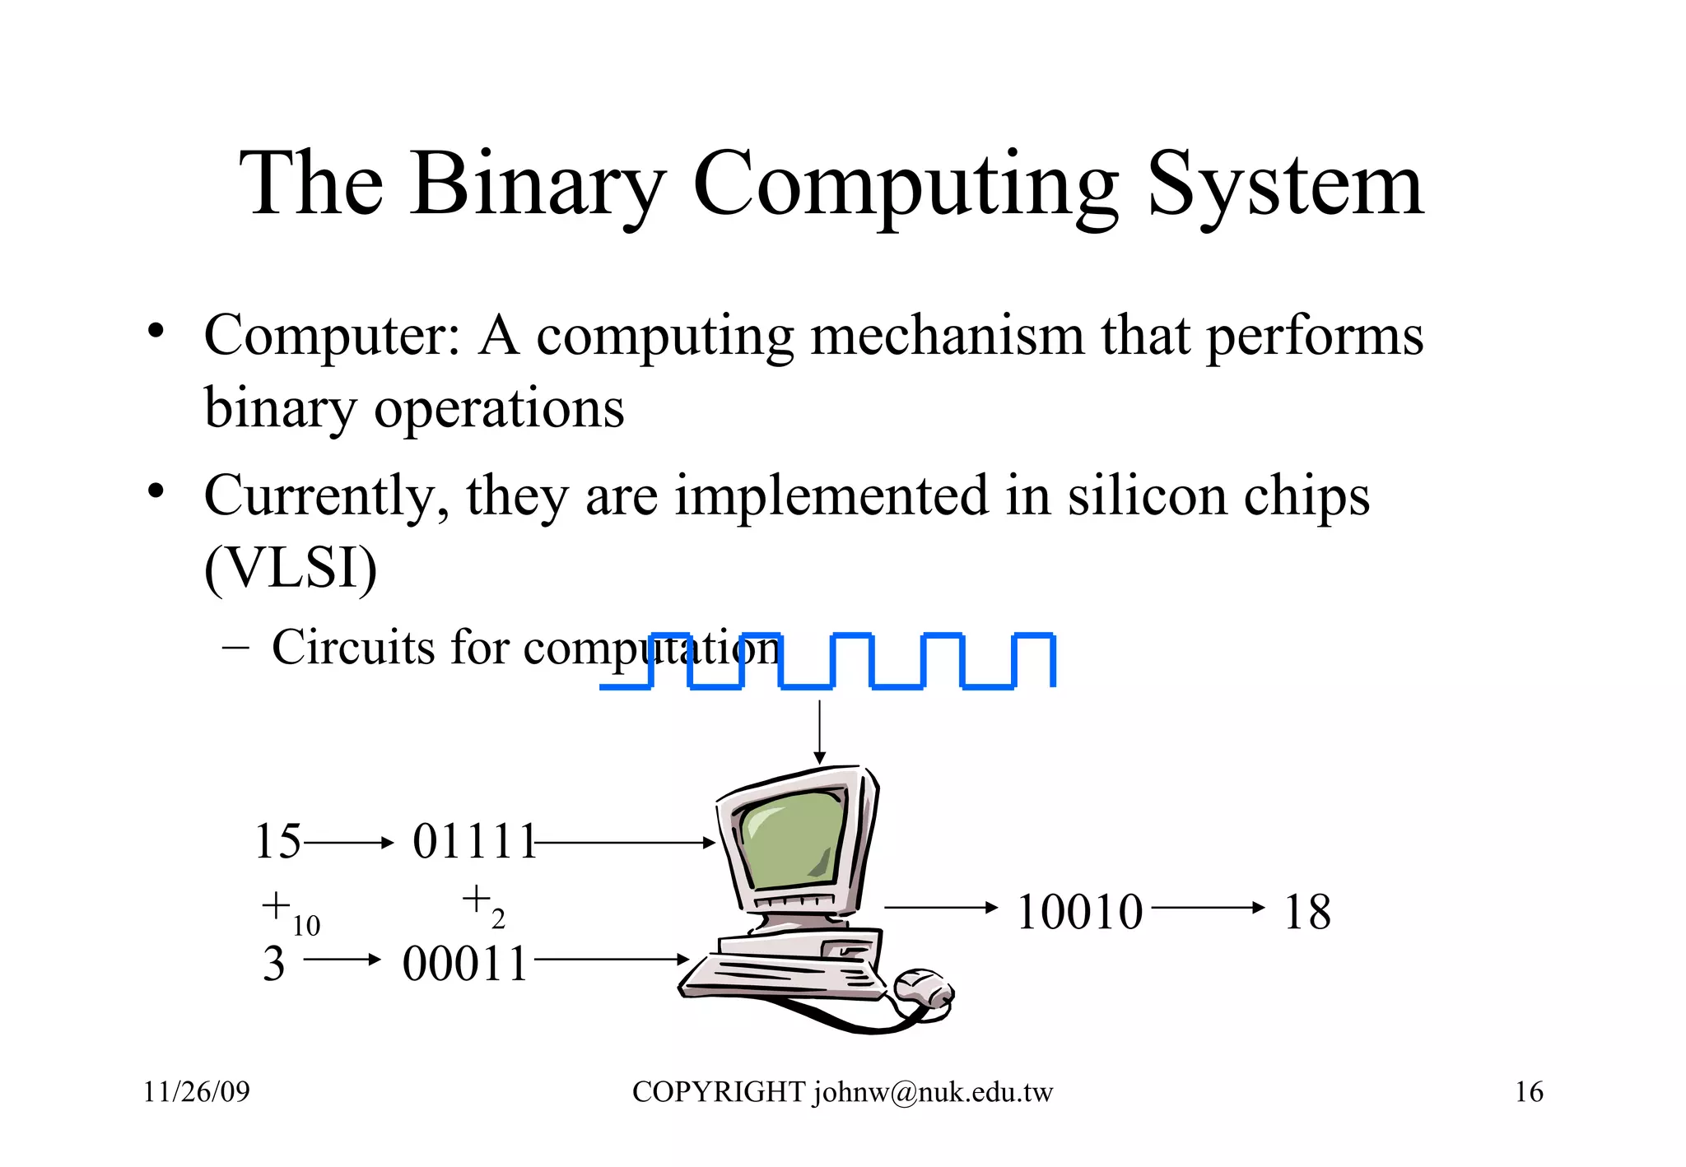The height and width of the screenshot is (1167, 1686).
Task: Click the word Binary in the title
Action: coord(537,184)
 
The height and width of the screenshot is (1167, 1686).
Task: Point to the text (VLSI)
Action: coord(291,568)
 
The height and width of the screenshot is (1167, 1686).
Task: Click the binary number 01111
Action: coord(474,842)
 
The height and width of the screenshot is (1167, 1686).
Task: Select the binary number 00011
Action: coord(465,964)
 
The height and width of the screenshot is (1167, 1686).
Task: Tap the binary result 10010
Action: coord(1079,912)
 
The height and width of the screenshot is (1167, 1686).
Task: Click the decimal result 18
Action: coord(1306,912)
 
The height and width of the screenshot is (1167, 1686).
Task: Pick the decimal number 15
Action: coord(277,842)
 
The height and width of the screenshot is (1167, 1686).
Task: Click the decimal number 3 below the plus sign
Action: coord(274,964)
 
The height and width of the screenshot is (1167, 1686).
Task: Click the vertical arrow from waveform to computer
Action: coord(819,732)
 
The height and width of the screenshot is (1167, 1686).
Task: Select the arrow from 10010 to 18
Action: coord(1208,908)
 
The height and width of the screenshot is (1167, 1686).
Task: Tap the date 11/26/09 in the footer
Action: coord(197,1092)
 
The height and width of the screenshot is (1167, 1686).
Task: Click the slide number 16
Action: coord(1529,1092)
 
